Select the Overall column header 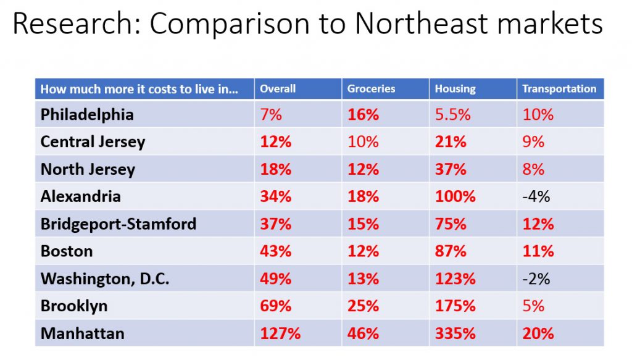coord(277,89)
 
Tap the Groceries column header coord(370,89)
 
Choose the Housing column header coord(455,89)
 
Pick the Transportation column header coord(559,89)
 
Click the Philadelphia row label coord(87,114)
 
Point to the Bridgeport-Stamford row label coord(118,224)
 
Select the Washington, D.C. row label coord(105,278)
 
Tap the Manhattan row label coord(82,333)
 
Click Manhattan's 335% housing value coord(455,333)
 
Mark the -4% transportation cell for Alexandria coord(536,196)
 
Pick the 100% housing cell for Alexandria coord(455,196)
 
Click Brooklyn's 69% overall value coord(275,306)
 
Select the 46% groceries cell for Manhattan coord(363,333)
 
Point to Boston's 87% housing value coord(451,251)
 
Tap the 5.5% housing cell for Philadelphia coord(452,114)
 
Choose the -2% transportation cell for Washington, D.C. coord(536,278)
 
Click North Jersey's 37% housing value coord(451,169)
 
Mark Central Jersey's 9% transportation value coord(533,142)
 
